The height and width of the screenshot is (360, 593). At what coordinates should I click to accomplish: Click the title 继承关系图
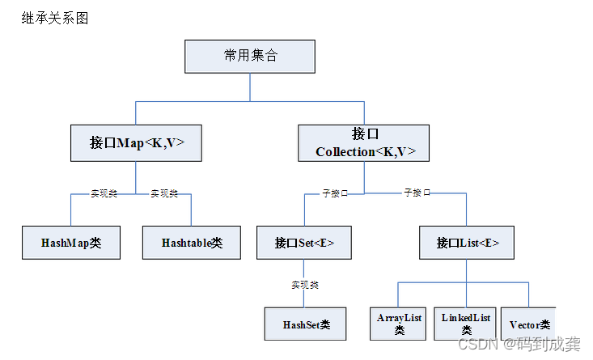coord(55,18)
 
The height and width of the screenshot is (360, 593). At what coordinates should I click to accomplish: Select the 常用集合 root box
coord(250,56)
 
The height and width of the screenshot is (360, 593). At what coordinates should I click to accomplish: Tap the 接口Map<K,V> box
coord(137,142)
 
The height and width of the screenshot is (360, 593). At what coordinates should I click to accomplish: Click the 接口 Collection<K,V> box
coord(363,142)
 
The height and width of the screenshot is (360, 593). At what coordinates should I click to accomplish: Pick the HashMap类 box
coord(71,243)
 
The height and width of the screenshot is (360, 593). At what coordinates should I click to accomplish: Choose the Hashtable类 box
coord(192,243)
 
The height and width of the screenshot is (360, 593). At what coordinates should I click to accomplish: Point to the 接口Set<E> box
coord(304,243)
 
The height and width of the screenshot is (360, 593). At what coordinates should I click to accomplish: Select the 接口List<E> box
coord(467,243)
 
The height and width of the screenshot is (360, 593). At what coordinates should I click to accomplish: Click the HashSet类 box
coord(306,324)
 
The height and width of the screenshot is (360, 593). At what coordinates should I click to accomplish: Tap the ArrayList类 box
coord(400,324)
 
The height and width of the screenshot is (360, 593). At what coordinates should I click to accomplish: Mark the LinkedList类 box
coord(466,324)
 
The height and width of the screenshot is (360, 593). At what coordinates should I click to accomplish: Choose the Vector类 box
coord(529,324)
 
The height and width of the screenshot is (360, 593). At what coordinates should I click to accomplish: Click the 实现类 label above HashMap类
coord(104,194)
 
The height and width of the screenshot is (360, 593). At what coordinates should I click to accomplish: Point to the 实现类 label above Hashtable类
coord(164,194)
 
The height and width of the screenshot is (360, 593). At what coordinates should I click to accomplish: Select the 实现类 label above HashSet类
coord(305,285)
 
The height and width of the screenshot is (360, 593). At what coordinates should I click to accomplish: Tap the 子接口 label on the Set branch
coord(335,194)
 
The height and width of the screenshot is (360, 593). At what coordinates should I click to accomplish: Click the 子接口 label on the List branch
coord(417,193)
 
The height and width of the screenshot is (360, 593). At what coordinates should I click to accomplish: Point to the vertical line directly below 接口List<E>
coord(467,271)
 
